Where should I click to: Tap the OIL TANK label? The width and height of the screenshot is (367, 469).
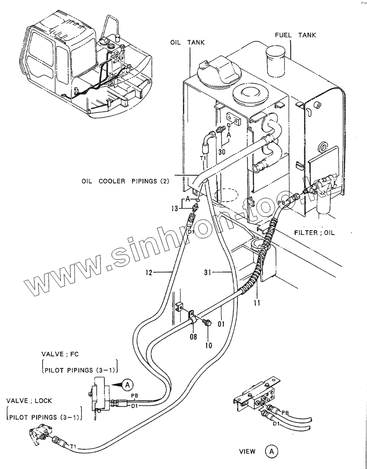[x=188, y=43]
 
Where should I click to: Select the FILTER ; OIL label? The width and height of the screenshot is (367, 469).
[x=315, y=233]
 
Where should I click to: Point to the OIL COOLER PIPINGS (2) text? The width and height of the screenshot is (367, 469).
[x=126, y=180]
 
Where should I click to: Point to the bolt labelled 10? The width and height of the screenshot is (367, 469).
[x=207, y=324]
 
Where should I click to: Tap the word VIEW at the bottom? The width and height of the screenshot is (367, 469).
[x=247, y=452]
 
